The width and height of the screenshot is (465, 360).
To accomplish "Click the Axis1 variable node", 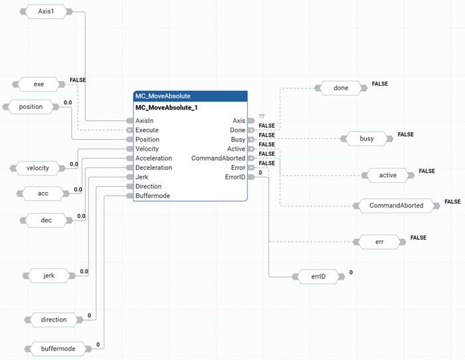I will [x=45, y=12].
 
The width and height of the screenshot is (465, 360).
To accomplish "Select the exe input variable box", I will [x=39, y=84].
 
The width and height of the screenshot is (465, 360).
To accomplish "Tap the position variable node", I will [x=31, y=107].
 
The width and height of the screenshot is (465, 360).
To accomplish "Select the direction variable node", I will [x=54, y=319].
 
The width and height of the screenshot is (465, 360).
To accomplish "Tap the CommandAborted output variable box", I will [x=396, y=205].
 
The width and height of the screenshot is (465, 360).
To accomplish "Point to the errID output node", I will [x=315, y=276].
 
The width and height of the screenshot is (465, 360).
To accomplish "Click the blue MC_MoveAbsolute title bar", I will [x=191, y=96].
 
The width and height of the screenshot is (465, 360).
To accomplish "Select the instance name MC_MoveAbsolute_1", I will [x=167, y=108].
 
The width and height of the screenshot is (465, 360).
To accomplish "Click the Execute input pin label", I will [x=147, y=130].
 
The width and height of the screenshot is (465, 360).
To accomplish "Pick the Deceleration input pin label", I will [x=153, y=167].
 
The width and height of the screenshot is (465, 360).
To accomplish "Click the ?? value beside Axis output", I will [x=262, y=116].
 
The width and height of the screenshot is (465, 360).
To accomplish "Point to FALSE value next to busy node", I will [x=405, y=135].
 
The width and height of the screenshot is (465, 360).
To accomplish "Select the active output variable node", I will [x=387, y=175].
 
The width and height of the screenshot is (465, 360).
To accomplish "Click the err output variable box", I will [x=379, y=242].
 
